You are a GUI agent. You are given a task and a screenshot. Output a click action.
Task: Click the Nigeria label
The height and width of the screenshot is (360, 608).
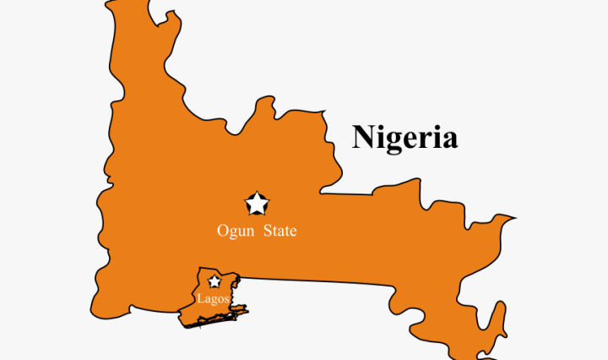pyautogui.click(x=404, y=137)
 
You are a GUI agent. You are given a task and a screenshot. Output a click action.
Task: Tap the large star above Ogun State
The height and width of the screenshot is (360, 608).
pyautogui.click(x=257, y=204)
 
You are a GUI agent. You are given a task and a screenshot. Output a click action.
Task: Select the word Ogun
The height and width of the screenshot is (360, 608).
pyautogui.click(x=234, y=231)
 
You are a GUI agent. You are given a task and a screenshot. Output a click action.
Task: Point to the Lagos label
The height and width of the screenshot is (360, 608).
pyautogui.click(x=213, y=298)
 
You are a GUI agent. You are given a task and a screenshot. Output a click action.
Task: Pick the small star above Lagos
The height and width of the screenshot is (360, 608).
pyautogui.click(x=214, y=281)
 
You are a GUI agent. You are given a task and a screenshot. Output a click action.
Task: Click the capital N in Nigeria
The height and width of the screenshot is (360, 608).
pyautogui.click(x=364, y=136)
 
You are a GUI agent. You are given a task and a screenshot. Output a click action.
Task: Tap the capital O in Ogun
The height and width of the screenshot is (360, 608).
pyautogui.click(x=223, y=231)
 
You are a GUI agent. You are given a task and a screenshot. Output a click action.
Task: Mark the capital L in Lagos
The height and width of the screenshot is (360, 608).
pyautogui.click(x=200, y=298)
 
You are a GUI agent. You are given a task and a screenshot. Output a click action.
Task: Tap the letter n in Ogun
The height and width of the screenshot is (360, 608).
pyautogui.click(x=246, y=232)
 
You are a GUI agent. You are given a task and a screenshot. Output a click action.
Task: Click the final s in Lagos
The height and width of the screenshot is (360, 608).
pyautogui.click(x=226, y=299)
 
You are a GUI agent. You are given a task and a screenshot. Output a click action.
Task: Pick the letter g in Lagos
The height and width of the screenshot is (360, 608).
pyautogui.click(x=213, y=300)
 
